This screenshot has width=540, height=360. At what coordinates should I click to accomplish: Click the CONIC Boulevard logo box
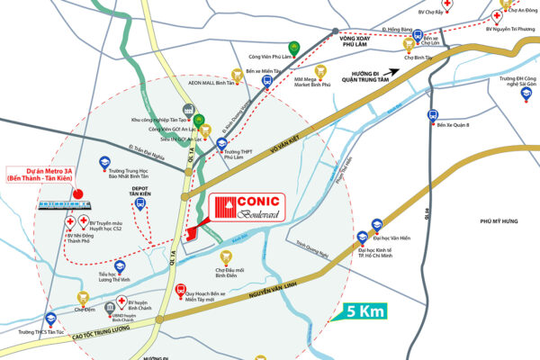coord(247,208)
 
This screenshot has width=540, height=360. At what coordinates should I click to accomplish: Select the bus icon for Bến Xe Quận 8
coord(432,115)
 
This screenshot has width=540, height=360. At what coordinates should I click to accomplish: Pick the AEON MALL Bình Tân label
coord(219,80)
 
